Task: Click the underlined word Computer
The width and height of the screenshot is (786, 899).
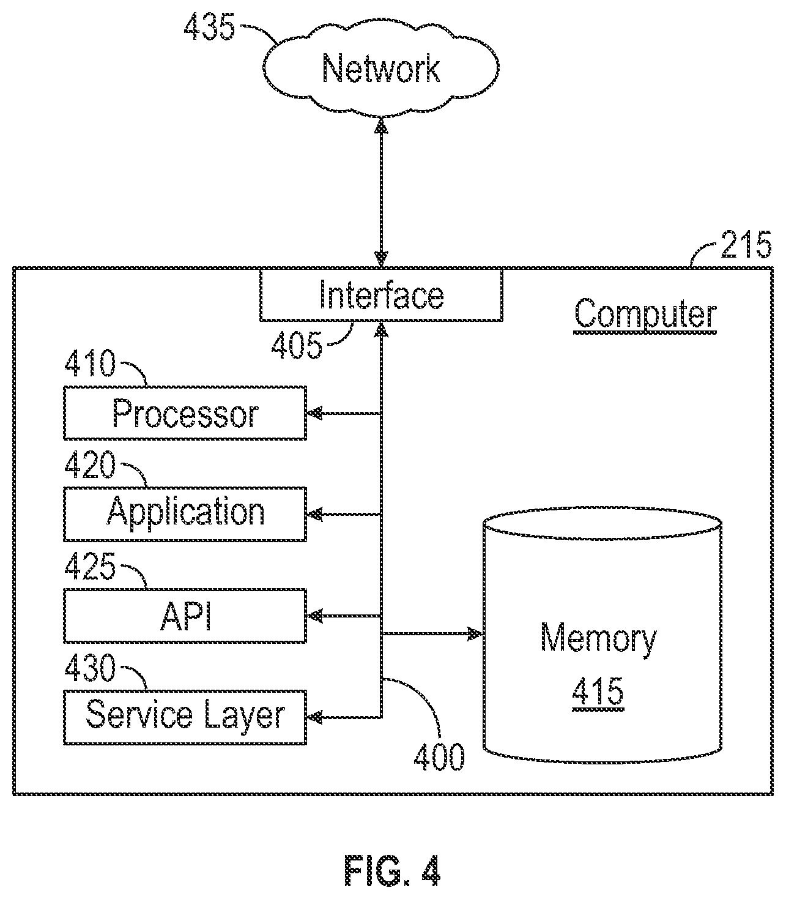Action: (645, 315)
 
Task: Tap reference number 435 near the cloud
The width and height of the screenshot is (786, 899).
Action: (209, 28)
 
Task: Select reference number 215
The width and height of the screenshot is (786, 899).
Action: (746, 244)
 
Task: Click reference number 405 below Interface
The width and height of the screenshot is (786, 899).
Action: (297, 345)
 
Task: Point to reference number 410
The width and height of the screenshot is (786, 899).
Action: (90, 363)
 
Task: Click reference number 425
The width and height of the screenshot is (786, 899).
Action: (90, 566)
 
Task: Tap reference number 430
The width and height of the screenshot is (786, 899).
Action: (90, 668)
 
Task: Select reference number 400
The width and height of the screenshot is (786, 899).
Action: (439, 756)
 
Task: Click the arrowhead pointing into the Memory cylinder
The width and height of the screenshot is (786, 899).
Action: (475, 633)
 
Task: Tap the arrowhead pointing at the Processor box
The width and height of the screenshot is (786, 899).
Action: (314, 413)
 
